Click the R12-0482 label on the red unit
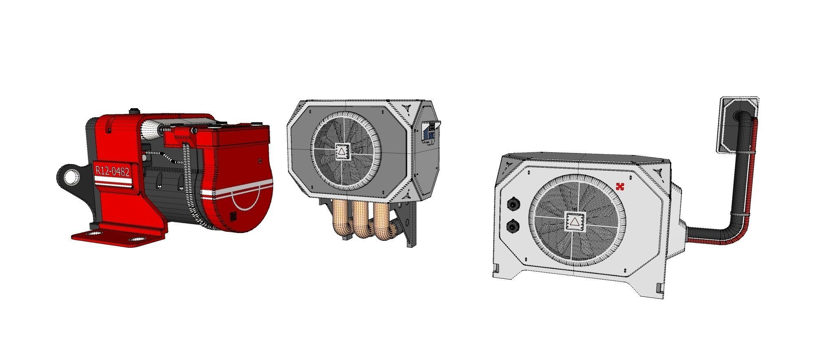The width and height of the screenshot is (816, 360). click(112, 170)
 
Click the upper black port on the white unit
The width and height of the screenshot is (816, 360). click(512, 203)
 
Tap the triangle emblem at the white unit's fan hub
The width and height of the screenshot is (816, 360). click(574, 222)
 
